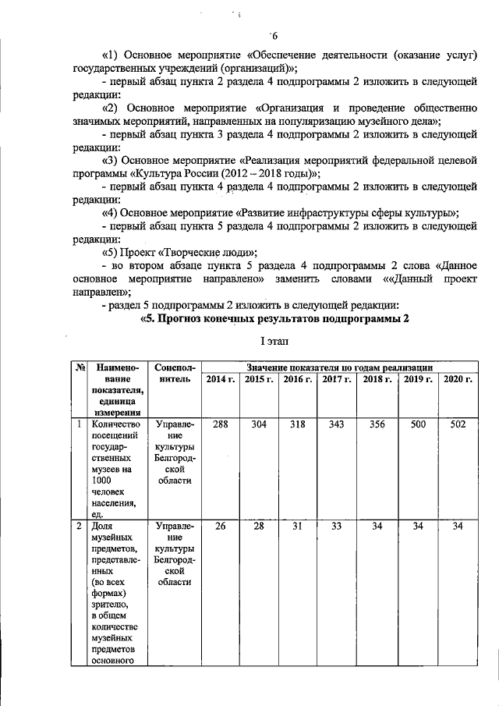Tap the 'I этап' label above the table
[274, 342]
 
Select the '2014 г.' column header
[221, 379]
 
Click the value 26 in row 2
[221, 527]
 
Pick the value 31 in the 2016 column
[298, 527]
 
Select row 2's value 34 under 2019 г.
[418, 527]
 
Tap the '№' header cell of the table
[79, 367]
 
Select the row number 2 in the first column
[79, 527]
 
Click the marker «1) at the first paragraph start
[109, 54]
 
